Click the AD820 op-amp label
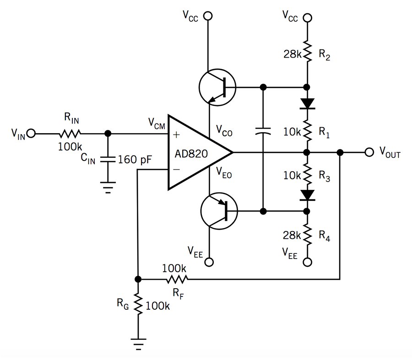191,154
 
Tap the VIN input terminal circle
31,134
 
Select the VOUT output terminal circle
369,152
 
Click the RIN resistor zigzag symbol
70,134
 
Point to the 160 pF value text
135,159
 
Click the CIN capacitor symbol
108,159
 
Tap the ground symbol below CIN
108,188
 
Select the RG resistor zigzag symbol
138,304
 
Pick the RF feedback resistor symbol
177,279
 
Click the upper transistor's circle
217,87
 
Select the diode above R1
307,104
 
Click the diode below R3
307,195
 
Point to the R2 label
324,54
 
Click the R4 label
324,235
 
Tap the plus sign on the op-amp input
176,134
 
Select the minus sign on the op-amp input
177,169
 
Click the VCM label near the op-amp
157,124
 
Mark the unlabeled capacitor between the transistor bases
263,131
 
